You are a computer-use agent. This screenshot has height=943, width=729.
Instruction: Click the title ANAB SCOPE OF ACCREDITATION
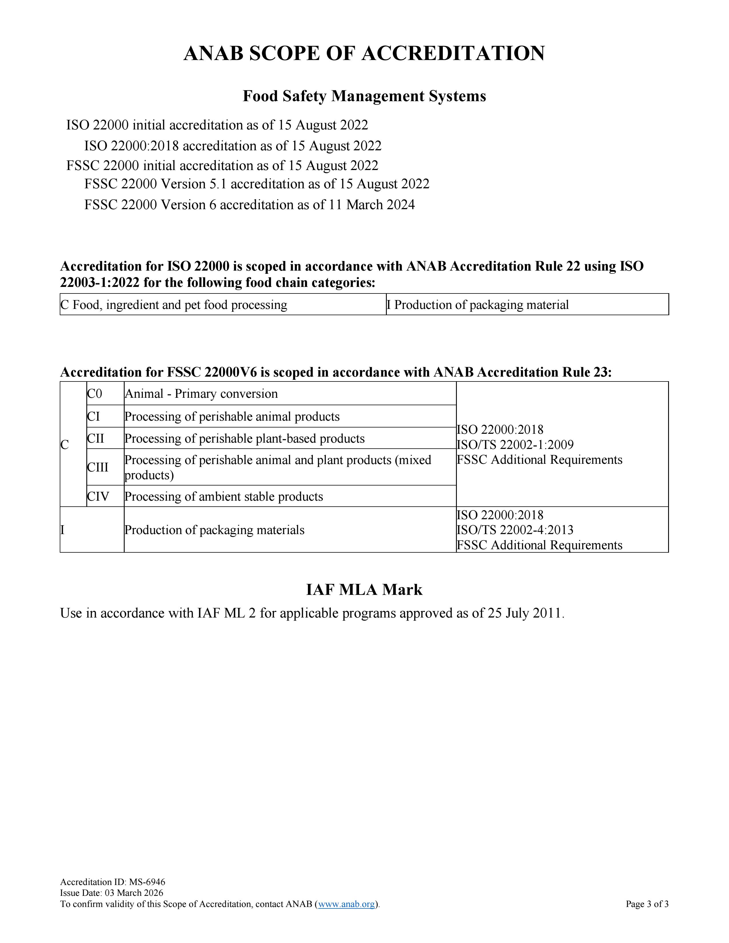364,53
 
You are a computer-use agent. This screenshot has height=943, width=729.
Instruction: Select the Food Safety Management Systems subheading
364,96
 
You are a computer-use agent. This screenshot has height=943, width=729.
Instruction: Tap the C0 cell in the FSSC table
95,394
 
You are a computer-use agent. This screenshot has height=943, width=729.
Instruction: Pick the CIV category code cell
98,497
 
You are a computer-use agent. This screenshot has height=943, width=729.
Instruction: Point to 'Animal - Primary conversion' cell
201,394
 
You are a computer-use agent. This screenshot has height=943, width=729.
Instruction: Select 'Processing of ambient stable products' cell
224,497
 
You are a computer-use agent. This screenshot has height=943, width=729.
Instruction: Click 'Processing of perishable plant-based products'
244,439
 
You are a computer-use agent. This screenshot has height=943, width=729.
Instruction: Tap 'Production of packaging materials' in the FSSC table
214,530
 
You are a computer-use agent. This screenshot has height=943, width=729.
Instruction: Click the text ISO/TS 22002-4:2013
515,530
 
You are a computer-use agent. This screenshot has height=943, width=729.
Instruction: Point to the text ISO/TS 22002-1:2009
515,445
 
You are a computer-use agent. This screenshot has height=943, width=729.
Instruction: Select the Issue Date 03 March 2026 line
112,893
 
